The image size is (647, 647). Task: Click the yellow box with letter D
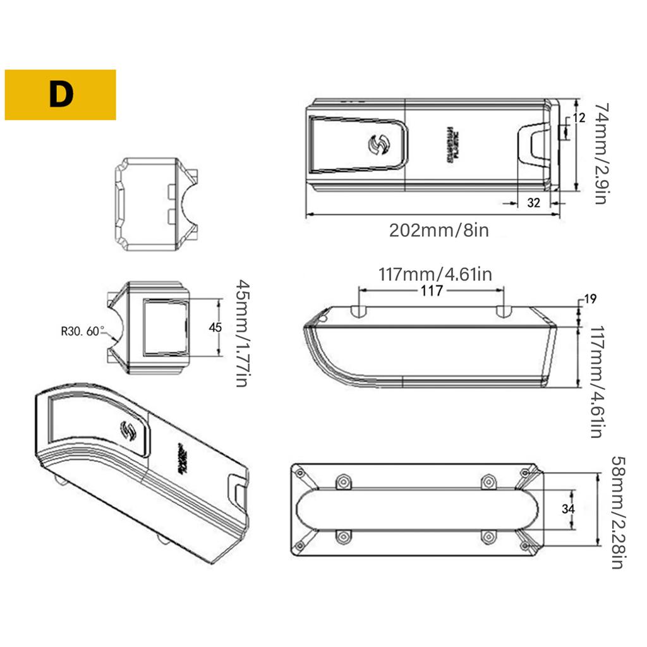(x=60, y=95)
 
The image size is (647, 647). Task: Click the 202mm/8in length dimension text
(x=438, y=229)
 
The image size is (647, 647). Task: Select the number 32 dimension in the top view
(x=534, y=202)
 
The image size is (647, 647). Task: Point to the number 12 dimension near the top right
(x=579, y=118)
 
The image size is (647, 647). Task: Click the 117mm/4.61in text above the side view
(x=435, y=275)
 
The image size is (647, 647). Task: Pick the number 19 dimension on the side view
(x=591, y=299)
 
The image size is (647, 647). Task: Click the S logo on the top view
(x=378, y=146)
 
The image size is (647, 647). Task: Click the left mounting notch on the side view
(x=358, y=311)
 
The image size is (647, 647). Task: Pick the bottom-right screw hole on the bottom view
(x=487, y=536)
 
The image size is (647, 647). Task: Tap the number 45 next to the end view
(x=215, y=327)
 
